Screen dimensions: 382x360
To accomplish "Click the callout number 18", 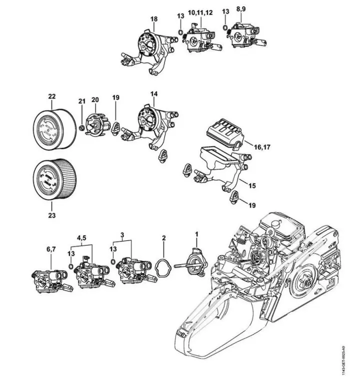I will click(154, 19).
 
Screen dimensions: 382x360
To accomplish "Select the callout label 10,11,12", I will click(200, 11).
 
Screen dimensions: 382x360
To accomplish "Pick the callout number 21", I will click(82, 101).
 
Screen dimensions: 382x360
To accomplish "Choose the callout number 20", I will click(95, 100).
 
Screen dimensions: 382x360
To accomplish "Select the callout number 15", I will click(252, 185).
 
